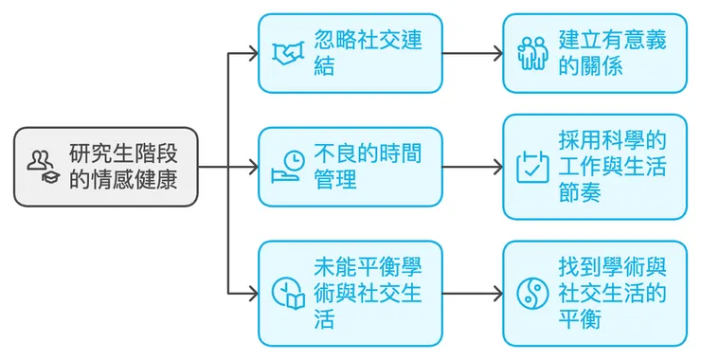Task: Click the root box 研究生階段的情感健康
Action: click(x=106, y=167)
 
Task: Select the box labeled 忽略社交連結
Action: click(x=350, y=53)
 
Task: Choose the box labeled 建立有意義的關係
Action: click(x=594, y=53)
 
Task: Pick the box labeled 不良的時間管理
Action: click(x=350, y=167)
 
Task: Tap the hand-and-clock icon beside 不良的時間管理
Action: click(x=286, y=167)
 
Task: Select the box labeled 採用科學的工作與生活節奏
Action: click(x=594, y=167)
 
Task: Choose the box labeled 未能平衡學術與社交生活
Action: click(x=350, y=293)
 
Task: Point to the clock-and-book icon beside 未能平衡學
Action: click(x=286, y=293)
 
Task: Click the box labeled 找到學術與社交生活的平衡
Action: click(x=594, y=293)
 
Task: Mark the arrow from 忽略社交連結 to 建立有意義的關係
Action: click(x=472, y=53)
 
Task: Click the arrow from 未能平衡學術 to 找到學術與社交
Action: click(x=472, y=293)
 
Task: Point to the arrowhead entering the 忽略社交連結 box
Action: click(x=252, y=53)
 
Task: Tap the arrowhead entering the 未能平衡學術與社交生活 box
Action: click(x=252, y=293)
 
